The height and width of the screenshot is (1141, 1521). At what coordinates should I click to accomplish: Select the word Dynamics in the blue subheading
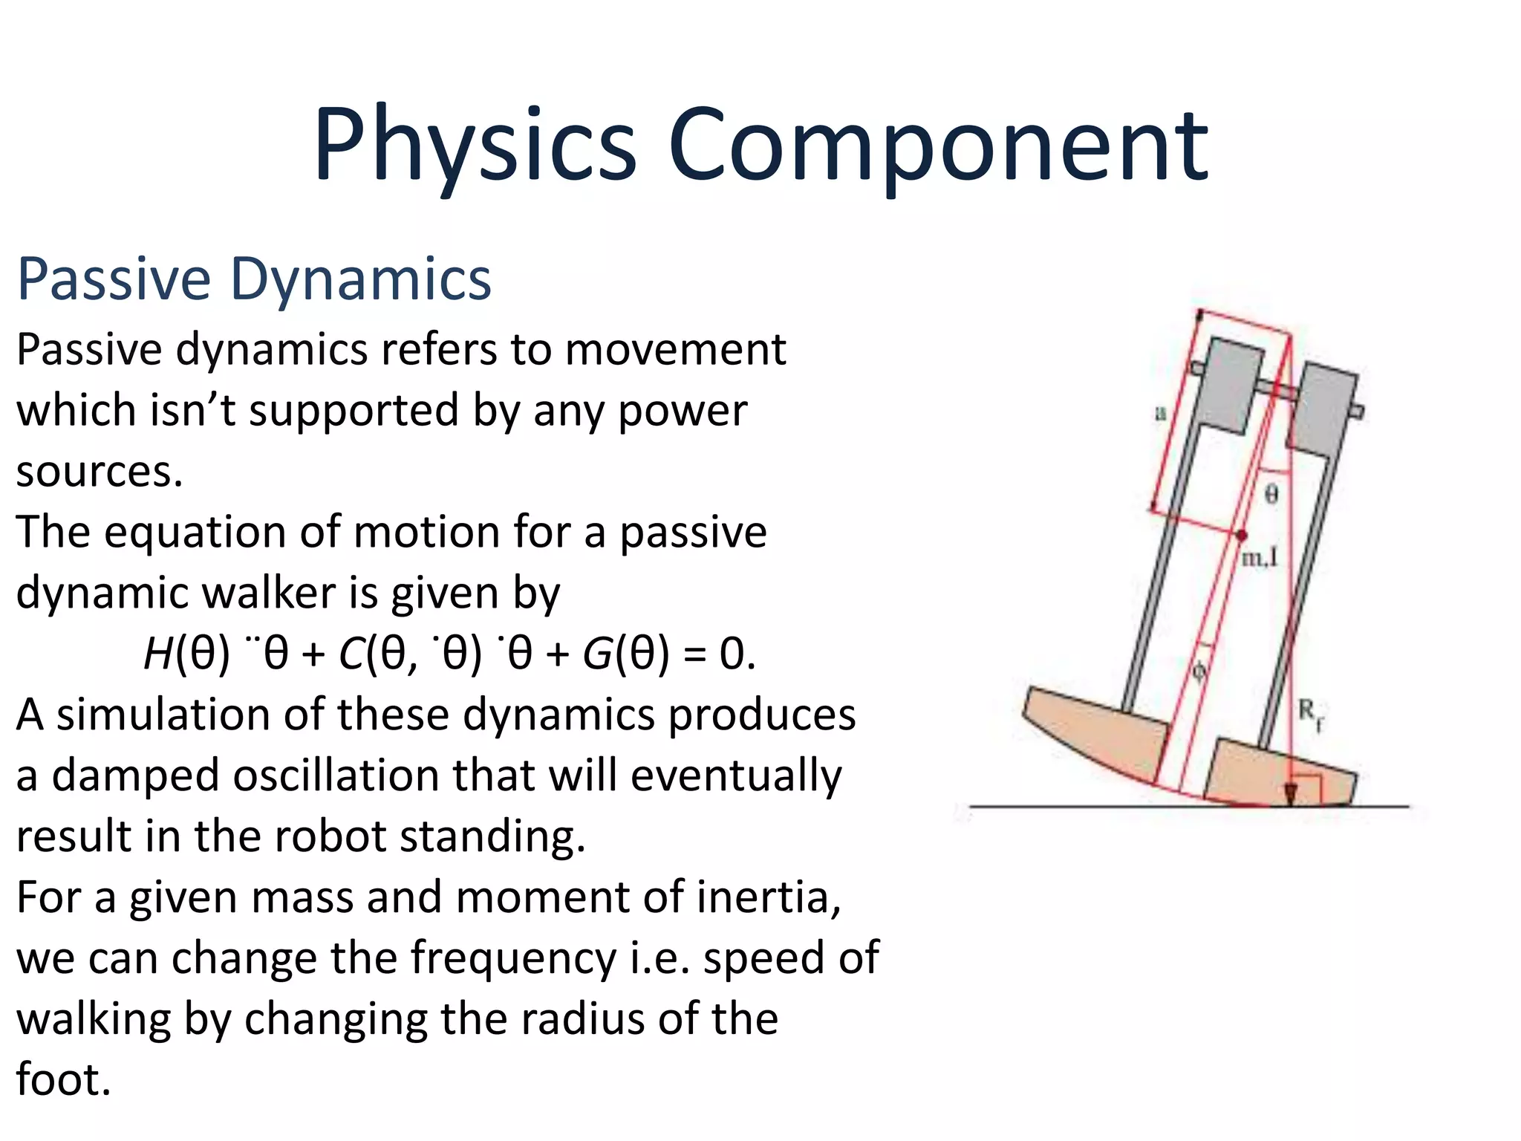pos(361,279)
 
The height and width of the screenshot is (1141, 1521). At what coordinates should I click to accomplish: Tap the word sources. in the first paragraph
pos(100,472)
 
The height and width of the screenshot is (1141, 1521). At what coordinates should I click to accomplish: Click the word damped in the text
pos(137,776)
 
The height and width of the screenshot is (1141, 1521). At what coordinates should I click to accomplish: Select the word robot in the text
pos(330,836)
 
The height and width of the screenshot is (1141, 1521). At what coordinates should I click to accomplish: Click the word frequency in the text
pos(513,958)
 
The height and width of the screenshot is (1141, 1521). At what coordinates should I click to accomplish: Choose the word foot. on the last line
pos(63,1079)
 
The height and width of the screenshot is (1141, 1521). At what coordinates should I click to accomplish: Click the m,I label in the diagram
pos(1260,557)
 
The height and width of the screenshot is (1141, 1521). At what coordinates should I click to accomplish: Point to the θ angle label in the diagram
pos(1271,494)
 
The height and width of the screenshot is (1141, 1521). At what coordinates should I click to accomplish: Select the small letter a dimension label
pos(1160,413)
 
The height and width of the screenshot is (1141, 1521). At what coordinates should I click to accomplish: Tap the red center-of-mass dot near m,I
pos(1241,534)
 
